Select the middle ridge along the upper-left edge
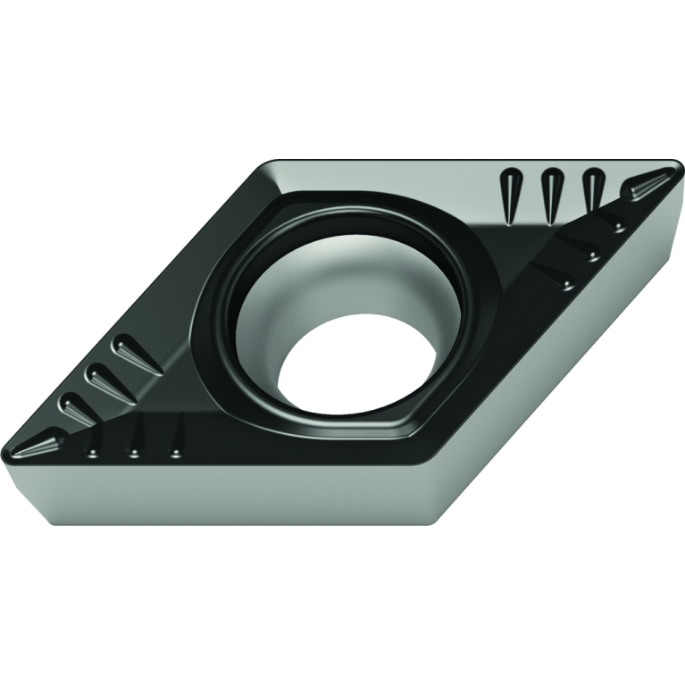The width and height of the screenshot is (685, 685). [x=108, y=379]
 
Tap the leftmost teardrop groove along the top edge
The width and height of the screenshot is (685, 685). [x=509, y=191]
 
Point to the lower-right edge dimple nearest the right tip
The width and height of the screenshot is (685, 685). [x=613, y=222]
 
